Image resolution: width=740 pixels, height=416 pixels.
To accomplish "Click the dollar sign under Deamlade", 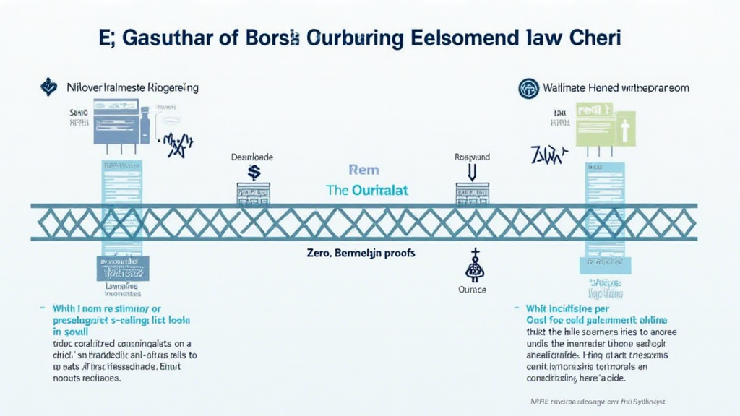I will click(x=254, y=172).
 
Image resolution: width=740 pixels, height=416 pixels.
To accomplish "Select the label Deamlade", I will click(x=252, y=156).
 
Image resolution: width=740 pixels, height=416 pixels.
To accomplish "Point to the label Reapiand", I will click(x=472, y=156).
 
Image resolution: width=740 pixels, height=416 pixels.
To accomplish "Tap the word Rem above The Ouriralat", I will click(x=363, y=170).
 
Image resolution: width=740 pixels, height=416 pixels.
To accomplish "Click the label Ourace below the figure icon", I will click(x=473, y=290).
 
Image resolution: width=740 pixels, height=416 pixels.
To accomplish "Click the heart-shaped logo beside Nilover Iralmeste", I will click(x=48, y=87).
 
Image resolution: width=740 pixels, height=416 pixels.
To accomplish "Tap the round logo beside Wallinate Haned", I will click(x=529, y=88).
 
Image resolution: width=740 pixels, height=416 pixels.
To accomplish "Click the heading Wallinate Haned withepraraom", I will click(x=615, y=87).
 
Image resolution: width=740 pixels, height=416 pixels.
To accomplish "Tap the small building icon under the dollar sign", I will click(x=254, y=192).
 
